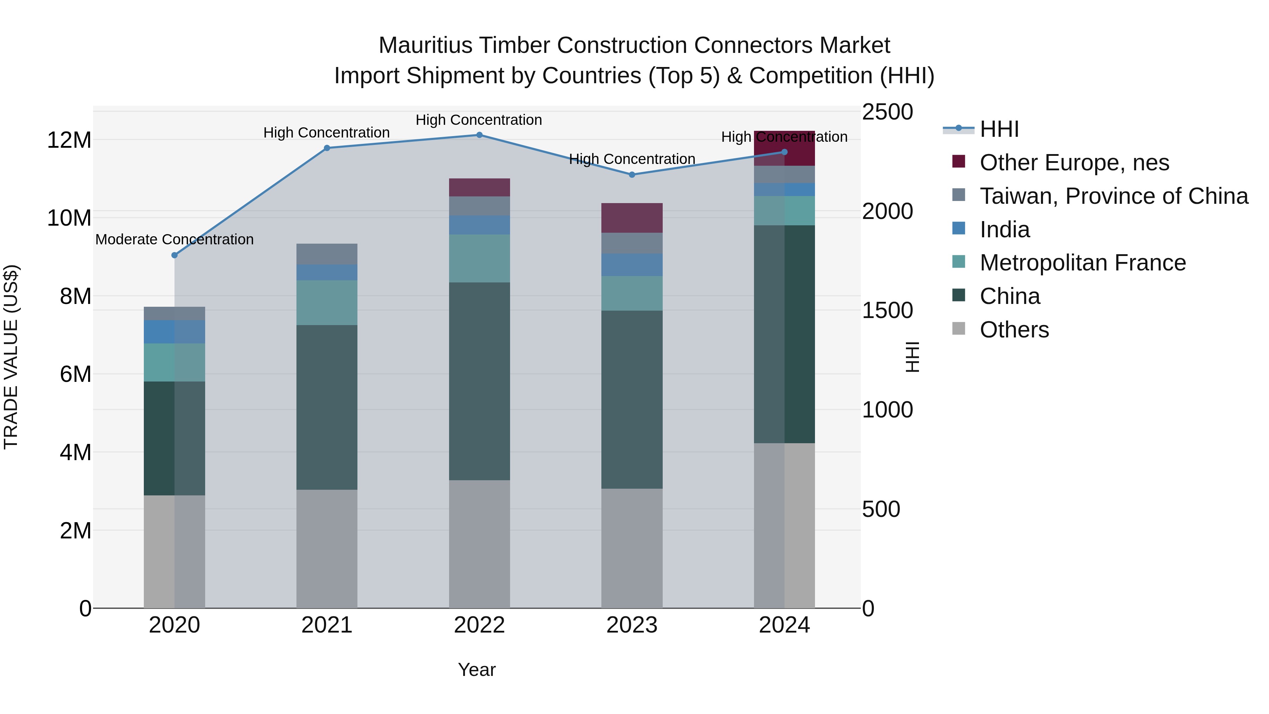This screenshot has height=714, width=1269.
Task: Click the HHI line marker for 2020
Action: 174,255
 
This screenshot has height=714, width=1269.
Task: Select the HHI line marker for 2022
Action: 479,135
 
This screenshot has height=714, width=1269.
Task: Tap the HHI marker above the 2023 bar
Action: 632,175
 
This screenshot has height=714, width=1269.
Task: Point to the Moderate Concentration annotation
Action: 174,239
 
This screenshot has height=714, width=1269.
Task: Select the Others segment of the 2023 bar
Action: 632,548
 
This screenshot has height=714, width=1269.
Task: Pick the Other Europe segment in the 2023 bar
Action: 632,218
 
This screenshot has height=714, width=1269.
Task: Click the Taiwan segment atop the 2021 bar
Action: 327,254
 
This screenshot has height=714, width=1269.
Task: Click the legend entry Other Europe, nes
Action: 1074,163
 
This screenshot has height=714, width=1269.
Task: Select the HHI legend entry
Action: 999,129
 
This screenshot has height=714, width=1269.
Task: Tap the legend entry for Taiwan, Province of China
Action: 1113,196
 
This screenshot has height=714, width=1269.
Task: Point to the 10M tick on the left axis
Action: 69,218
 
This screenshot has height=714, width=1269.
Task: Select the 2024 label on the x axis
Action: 784,625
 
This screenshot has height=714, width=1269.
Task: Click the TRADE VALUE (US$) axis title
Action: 11,357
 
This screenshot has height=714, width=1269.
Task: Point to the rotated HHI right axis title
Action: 912,357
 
